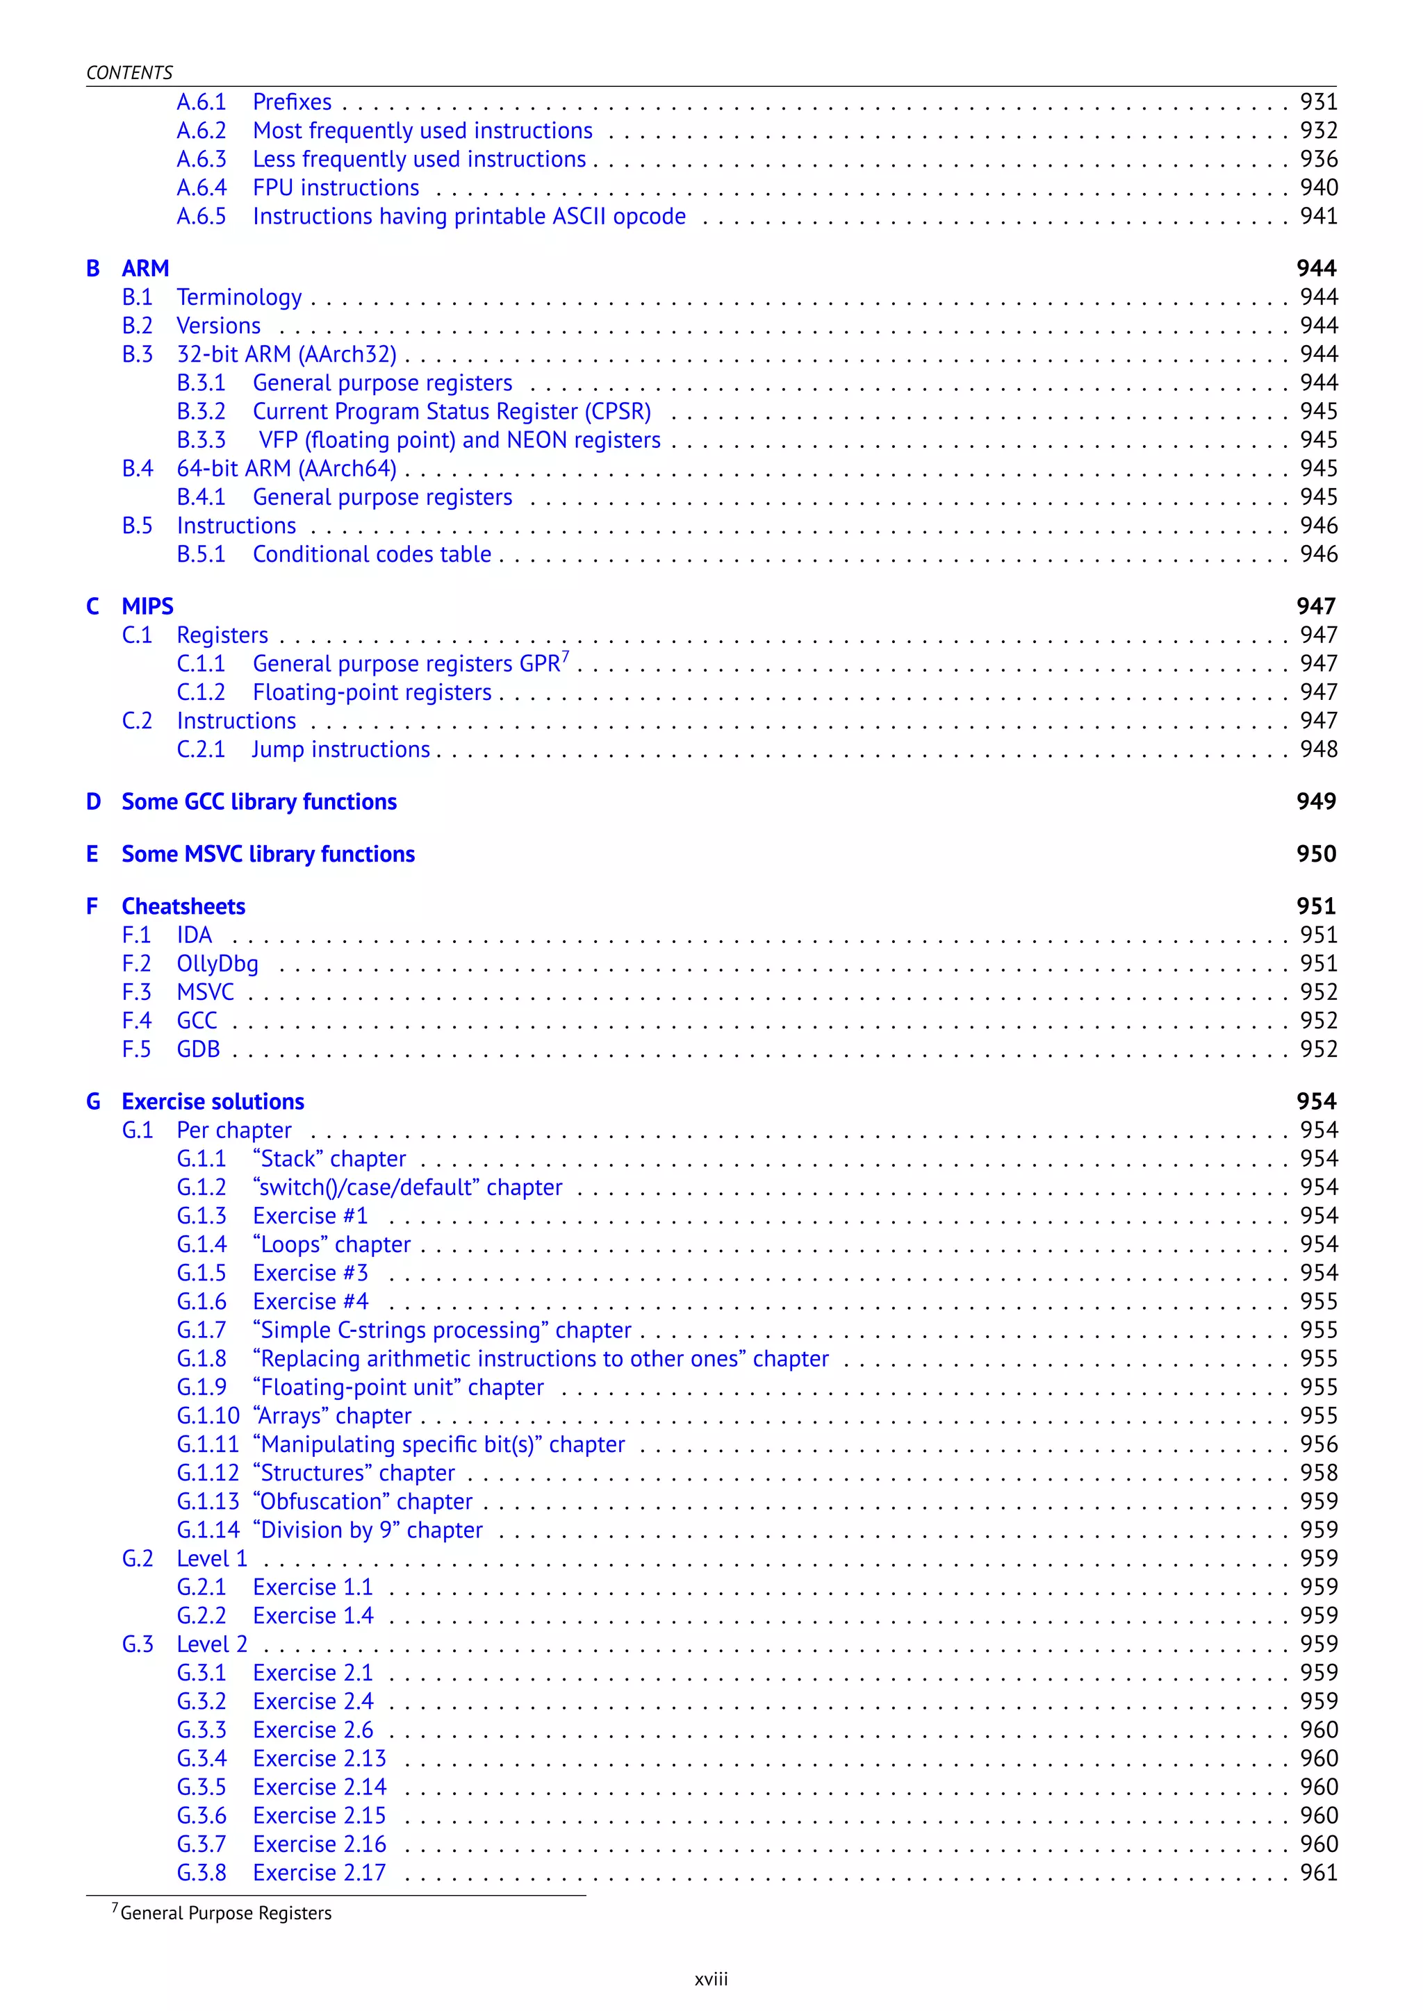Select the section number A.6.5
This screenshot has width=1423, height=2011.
point(201,217)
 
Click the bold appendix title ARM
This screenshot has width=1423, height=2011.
point(145,268)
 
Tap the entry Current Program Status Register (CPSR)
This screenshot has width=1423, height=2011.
point(451,412)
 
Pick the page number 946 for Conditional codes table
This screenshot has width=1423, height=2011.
point(1318,554)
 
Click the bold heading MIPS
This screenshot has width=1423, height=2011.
point(147,606)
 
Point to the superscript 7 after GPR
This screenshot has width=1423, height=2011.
point(565,657)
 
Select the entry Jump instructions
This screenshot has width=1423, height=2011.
point(341,750)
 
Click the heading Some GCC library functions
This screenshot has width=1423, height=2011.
point(258,801)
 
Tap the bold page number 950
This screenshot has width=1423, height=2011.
point(1316,854)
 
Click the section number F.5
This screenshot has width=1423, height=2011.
point(137,1049)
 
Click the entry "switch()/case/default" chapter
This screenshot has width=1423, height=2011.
point(407,1187)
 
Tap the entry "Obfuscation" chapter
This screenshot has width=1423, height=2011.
point(363,1501)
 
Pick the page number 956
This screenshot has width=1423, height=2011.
point(1318,1444)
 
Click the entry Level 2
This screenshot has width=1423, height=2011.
point(212,1644)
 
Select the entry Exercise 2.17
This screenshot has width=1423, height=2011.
point(319,1873)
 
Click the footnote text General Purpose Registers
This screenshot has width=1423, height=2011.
point(225,1914)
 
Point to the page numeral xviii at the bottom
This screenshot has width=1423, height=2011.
point(711,1980)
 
